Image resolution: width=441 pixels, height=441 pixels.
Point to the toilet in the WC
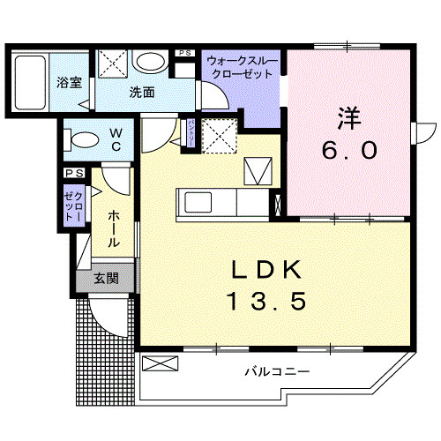[x=82, y=139]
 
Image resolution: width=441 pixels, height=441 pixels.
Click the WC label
[x=116, y=139]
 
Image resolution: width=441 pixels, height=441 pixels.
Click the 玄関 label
[x=107, y=279]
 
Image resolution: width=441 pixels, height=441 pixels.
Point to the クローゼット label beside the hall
[x=72, y=205]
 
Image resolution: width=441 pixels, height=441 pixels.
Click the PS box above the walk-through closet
[x=185, y=54]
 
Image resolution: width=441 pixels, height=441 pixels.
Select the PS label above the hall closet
[x=71, y=174]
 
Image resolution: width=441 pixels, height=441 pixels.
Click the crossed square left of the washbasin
[x=113, y=64]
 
